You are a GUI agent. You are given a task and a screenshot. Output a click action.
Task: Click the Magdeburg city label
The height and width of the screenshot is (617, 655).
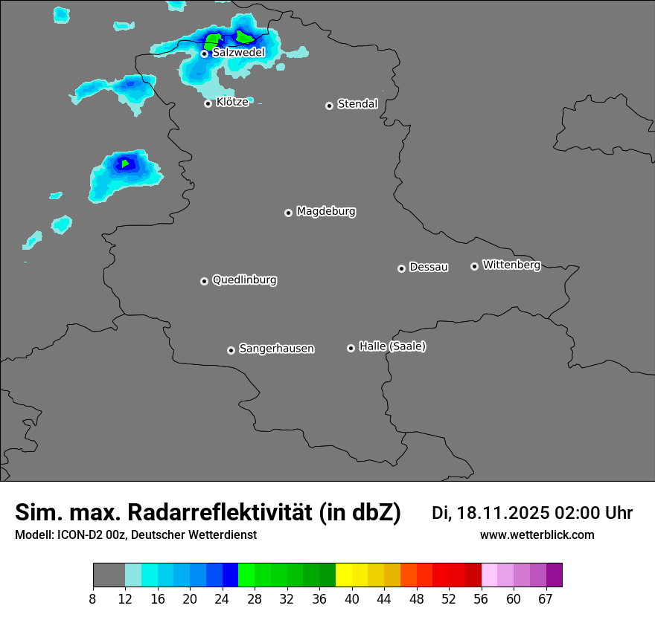point(326,212)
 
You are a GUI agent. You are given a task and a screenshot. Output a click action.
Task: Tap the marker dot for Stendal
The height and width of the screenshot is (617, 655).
point(329,106)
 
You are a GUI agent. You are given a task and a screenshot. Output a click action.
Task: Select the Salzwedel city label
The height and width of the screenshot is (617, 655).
point(238,53)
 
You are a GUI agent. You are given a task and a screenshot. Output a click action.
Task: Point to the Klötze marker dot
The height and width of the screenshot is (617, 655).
point(208,103)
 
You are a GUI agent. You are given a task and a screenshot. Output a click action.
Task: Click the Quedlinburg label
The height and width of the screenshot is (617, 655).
point(244,280)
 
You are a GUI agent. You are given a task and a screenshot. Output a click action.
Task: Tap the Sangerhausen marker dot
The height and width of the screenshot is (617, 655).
point(231,350)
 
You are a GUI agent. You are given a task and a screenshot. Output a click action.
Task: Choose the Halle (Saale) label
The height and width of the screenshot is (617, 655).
point(392,346)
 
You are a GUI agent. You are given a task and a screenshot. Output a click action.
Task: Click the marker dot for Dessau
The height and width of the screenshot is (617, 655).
point(401,268)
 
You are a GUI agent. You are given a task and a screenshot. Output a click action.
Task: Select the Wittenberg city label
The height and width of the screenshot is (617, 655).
point(511,265)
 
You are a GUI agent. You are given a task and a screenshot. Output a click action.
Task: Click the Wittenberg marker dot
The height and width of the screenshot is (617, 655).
point(474,266)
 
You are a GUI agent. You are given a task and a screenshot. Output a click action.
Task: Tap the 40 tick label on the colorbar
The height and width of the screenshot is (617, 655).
point(352,599)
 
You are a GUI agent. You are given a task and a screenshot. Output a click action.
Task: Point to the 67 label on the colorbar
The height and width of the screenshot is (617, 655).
point(546,599)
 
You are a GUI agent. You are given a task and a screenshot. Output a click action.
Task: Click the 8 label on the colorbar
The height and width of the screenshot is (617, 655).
point(93,599)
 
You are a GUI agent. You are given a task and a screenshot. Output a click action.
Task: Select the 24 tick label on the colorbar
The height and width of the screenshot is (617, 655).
point(223,599)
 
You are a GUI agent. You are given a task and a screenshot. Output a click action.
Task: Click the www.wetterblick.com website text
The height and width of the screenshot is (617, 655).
point(537,535)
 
